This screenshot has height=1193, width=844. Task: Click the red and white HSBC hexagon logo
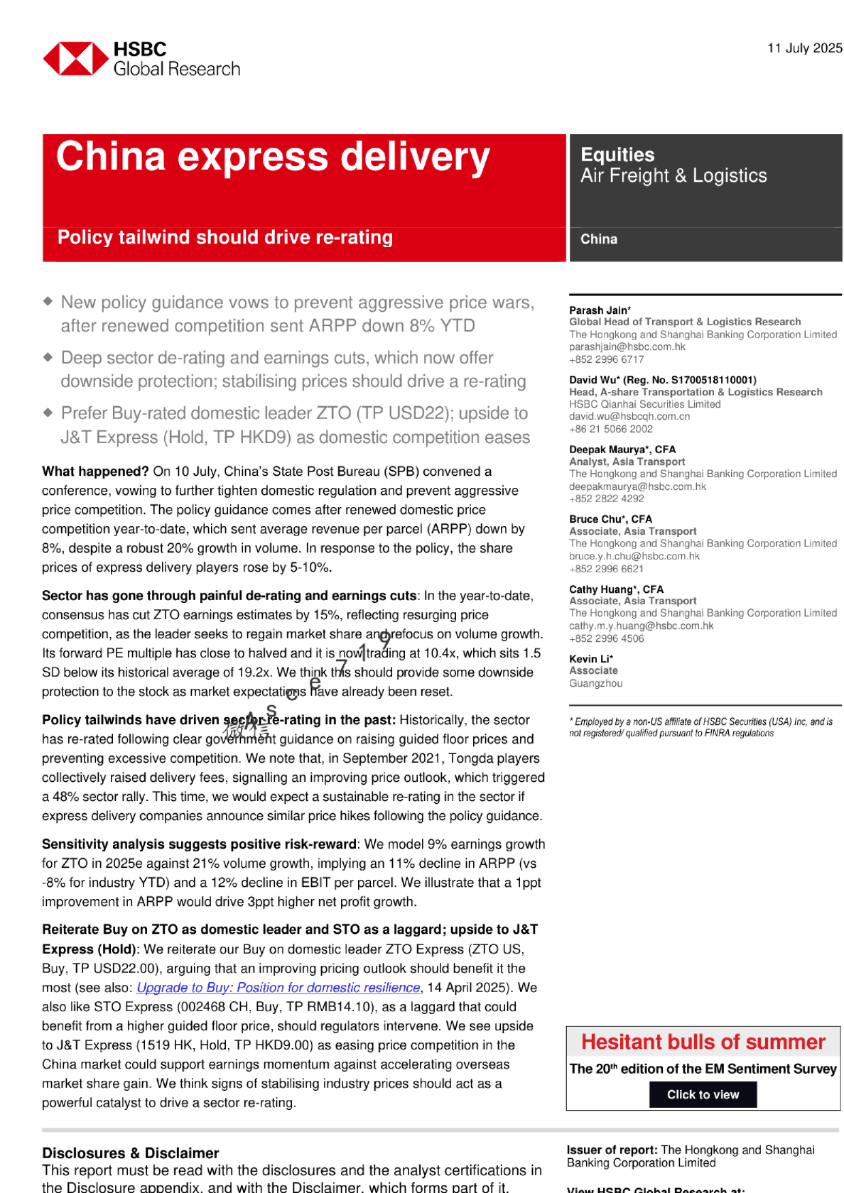coord(76,59)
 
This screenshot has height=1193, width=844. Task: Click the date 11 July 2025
coord(804,48)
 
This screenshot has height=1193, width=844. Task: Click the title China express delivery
coord(273,157)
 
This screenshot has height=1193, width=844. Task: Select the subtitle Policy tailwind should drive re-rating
coord(224,237)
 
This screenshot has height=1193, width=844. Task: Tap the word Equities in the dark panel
coord(617,155)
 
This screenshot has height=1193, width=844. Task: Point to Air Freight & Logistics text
coord(673,176)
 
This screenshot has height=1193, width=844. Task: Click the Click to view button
coord(703,1094)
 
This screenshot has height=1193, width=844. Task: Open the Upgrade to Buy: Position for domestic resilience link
coord(278,988)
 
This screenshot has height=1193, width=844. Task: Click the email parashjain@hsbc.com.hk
coord(627,347)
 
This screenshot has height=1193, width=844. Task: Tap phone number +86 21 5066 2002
coord(610,429)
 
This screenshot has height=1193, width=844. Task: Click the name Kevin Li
coord(589,659)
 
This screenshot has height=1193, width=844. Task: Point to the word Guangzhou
coord(595,683)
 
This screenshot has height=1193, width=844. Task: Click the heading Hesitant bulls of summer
coord(703,1042)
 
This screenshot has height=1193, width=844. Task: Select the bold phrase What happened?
coord(94,472)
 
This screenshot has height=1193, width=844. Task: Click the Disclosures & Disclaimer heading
coord(130,1153)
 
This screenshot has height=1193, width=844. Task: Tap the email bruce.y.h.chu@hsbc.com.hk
coord(634,556)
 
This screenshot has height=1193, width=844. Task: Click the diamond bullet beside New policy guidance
coord(48,301)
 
